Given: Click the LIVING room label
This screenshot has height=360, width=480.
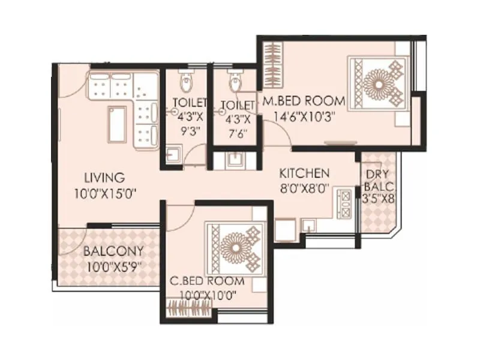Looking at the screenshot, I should click(x=104, y=178).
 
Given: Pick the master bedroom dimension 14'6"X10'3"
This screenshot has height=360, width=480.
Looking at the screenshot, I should click(x=303, y=116).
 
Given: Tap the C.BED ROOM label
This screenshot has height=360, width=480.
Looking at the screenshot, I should click(x=206, y=281).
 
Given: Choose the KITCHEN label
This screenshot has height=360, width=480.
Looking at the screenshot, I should click(x=304, y=173).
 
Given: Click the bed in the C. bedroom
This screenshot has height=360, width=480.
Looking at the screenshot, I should click(x=235, y=246).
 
